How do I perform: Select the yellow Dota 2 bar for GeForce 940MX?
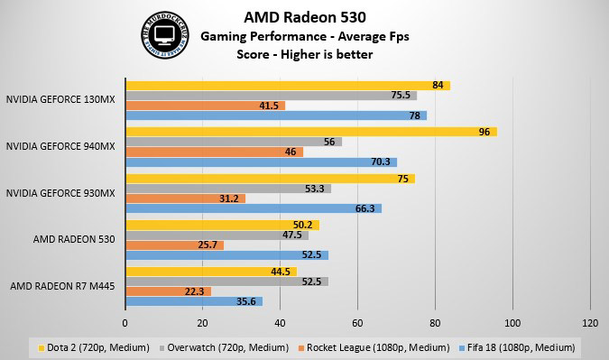point(311,132)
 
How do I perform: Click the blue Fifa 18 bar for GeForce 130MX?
point(276,115)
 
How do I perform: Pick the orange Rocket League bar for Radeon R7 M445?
point(168,291)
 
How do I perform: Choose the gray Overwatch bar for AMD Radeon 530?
point(217,235)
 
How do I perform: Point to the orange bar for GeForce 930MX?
point(185,198)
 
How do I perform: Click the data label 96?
point(484,132)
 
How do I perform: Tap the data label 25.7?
point(209,245)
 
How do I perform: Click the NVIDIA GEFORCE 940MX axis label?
point(60,145)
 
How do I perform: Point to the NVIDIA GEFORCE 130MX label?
point(60,99)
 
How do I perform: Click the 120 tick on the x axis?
point(591,322)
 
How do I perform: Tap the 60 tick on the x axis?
point(358,322)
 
